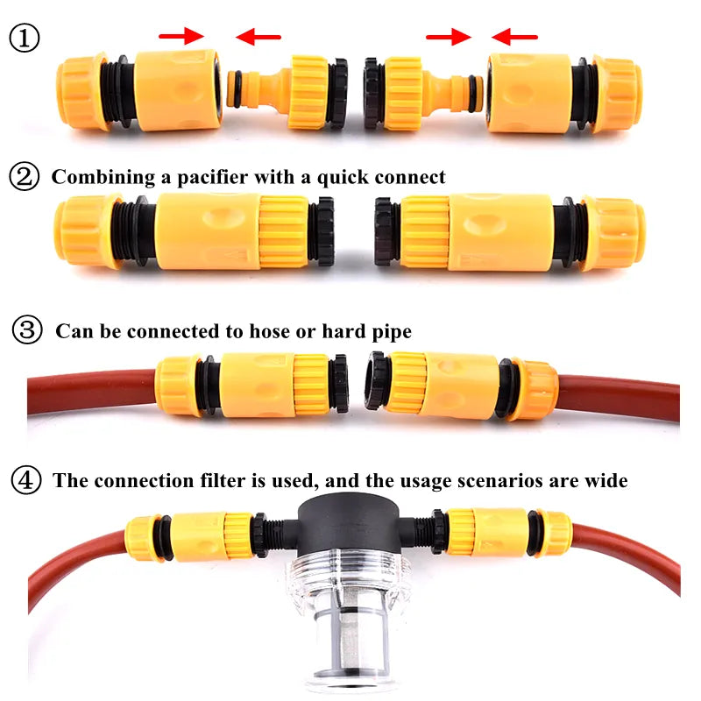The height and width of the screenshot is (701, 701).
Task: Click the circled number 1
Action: [x=25, y=38]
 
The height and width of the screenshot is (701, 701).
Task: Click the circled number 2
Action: [x=25, y=176]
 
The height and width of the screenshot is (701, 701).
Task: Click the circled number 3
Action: [x=27, y=330]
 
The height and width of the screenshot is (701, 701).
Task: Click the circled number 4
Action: [x=27, y=479]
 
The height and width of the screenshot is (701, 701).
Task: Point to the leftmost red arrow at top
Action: [x=181, y=36]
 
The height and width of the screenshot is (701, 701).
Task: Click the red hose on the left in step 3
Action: [x=88, y=386]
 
